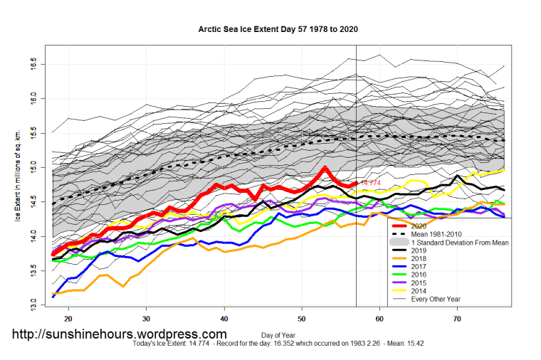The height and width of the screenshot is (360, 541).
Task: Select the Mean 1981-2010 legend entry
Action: click(441, 233)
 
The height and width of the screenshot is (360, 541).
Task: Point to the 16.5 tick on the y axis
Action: click(33, 65)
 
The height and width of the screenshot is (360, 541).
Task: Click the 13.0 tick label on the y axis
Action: click(33, 305)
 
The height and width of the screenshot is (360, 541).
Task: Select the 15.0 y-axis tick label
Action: click(33, 168)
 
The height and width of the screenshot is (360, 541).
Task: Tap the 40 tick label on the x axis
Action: click(224, 320)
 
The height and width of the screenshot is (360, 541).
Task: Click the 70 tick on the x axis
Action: click(458, 320)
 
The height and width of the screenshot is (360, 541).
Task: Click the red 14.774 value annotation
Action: click(372, 184)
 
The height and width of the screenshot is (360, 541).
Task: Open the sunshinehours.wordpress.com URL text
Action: click(119, 334)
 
